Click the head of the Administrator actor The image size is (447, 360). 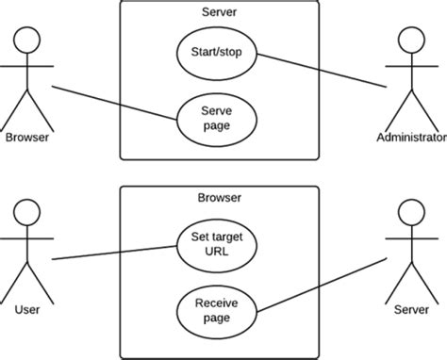tap(410, 40)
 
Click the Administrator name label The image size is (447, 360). tap(410, 138)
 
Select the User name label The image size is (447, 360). tap(27, 308)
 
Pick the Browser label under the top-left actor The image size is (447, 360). tap(27, 138)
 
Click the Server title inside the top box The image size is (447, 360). tap(219, 11)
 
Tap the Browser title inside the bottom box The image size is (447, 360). tap(219, 198)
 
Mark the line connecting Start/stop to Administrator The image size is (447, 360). tap(321, 71)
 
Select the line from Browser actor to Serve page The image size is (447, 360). tap(113, 103)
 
